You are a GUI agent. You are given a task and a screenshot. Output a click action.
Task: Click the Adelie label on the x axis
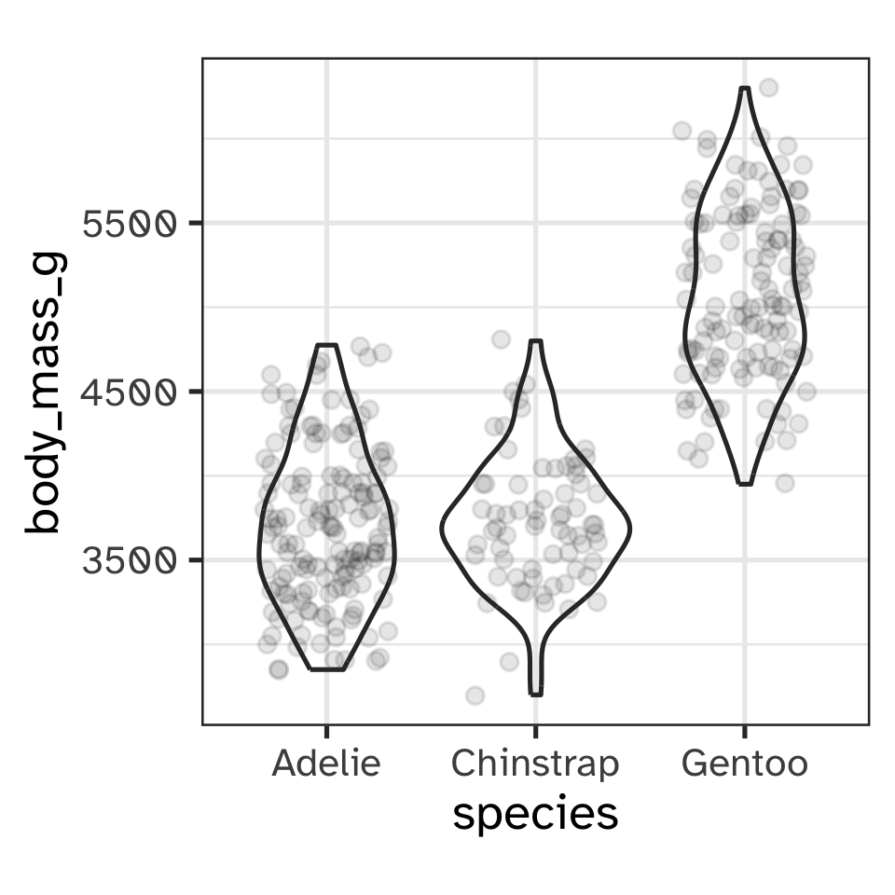click(x=326, y=764)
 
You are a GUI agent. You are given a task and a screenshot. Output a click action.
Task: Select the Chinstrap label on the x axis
click(x=535, y=764)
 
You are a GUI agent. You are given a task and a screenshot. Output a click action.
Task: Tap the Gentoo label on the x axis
click(x=744, y=764)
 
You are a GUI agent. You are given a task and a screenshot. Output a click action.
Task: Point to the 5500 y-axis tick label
click(x=129, y=224)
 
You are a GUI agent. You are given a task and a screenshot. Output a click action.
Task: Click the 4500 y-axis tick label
click(x=129, y=392)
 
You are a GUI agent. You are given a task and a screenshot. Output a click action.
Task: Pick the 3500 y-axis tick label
click(x=129, y=560)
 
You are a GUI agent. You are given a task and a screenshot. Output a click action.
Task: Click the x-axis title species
click(x=535, y=814)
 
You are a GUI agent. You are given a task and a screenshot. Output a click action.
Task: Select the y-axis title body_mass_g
click(x=45, y=392)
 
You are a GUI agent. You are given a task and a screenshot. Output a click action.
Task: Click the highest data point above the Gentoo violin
click(x=768, y=88)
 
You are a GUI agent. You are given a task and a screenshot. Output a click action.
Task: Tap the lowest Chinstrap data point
click(x=475, y=695)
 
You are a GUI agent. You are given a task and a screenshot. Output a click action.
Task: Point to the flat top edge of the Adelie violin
click(x=326, y=345)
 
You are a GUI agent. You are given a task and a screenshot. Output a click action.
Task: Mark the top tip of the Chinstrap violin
click(x=535, y=341)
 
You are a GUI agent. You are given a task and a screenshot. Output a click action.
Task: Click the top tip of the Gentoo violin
click(x=744, y=89)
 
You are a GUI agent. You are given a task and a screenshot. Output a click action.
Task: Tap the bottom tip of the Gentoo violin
click(x=744, y=484)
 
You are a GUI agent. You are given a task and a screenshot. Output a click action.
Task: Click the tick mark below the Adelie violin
click(x=326, y=729)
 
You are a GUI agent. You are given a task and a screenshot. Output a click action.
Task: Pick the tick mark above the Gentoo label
click(x=744, y=729)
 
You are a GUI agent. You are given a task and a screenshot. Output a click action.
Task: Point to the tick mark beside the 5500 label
click(x=197, y=223)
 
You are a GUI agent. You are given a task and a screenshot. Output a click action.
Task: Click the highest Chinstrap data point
click(x=501, y=338)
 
